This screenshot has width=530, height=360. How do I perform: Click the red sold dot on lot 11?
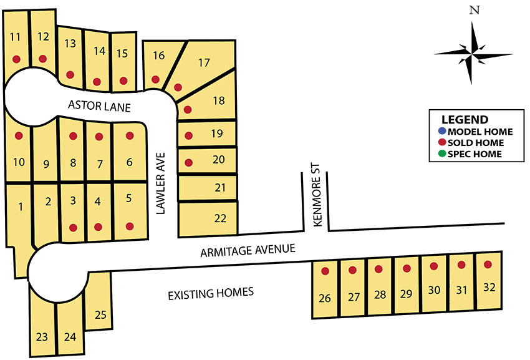tap(16, 59)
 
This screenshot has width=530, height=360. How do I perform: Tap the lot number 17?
tap(204, 62)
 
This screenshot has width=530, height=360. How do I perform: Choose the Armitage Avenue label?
tap(247, 251)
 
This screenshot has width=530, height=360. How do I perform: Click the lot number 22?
tap(220, 218)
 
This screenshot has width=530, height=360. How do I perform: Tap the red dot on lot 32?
tap(488, 264)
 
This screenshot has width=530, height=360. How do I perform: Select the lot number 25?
tap(100, 315)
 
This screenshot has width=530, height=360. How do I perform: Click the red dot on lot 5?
tap(130, 226)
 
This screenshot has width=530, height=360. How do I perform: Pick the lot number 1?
tap(21, 207)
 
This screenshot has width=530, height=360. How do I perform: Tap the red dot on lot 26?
tap(325, 271)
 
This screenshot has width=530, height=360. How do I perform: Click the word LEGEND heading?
tap(465, 119)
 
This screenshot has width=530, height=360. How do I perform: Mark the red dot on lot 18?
tap(188, 109)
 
